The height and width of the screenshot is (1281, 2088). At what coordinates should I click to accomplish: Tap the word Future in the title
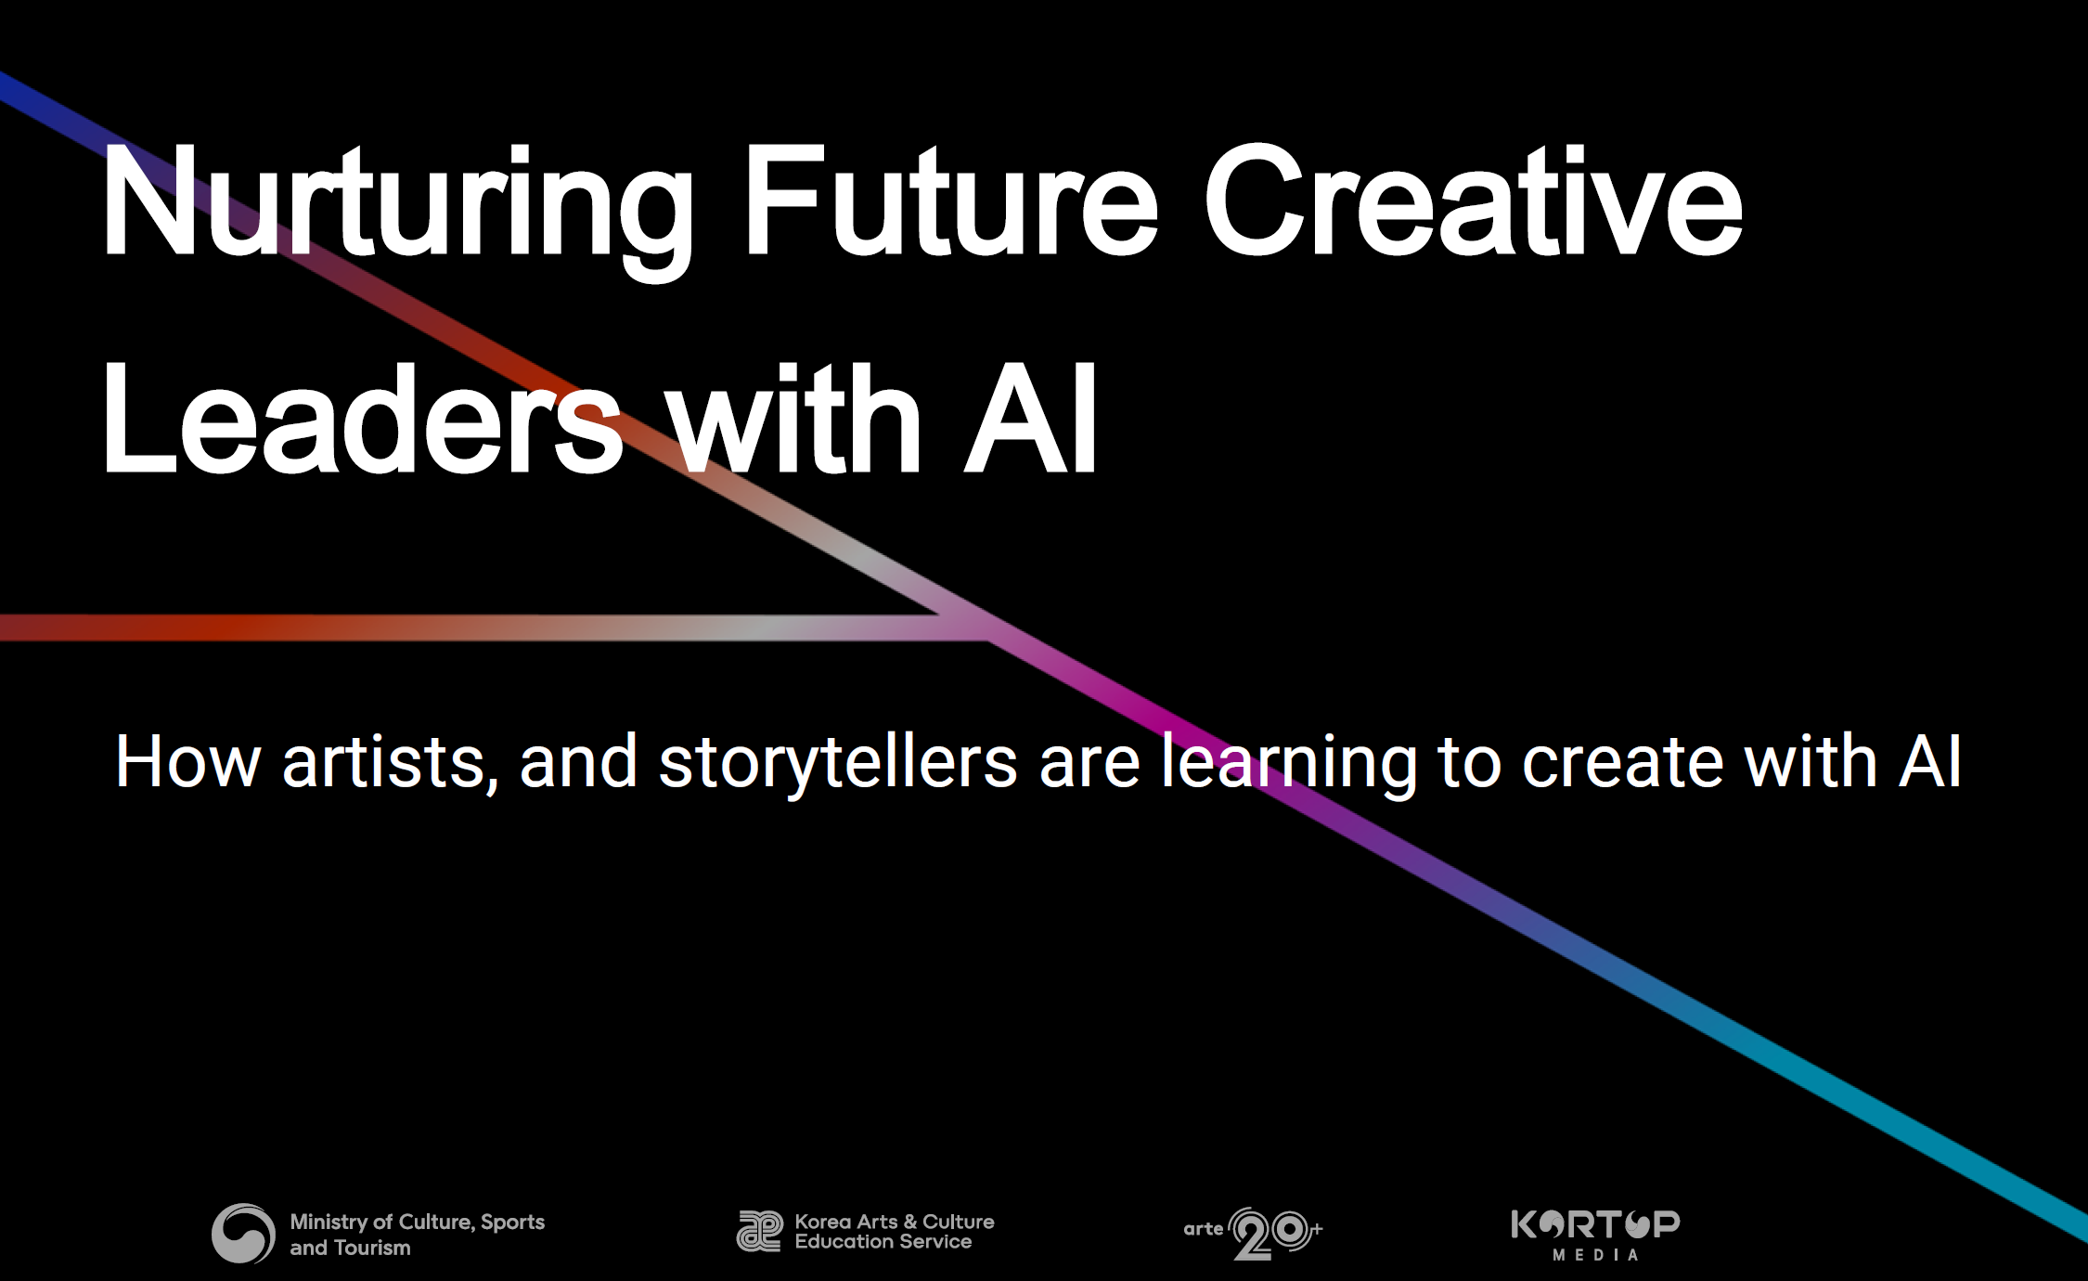click(x=950, y=200)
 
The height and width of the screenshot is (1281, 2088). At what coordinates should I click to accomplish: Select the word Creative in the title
click(x=1473, y=200)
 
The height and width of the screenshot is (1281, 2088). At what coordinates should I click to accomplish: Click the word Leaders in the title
click(x=362, y=419)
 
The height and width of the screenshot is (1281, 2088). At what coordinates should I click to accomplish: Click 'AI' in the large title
click(x=1031, y=419)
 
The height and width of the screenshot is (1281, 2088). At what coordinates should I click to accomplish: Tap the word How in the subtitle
click(x=187, y=762)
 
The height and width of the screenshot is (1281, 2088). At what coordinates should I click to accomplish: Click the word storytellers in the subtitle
click(x=837, y=765)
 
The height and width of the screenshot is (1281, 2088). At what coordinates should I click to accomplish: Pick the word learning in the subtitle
click(x=1289, y=765)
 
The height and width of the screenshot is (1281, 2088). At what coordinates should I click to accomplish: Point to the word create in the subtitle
click(x=1623, y=762)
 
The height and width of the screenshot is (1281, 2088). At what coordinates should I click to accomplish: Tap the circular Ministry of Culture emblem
click(x=243, y=1234)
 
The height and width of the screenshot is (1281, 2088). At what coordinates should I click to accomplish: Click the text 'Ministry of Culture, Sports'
click(x=418, y=1223)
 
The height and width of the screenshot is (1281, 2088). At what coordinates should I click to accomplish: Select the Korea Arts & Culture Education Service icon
click(x=760, y=1232)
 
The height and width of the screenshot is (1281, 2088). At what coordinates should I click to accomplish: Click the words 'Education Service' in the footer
click(x=883, y=1242)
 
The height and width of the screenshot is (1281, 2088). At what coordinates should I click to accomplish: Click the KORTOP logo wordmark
click(x=1595, y=1224)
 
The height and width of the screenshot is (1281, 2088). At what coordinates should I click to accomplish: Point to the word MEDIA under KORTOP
click(x=1595, y=1255)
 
